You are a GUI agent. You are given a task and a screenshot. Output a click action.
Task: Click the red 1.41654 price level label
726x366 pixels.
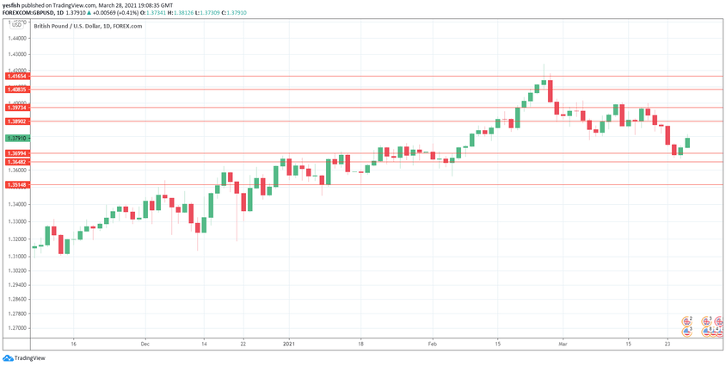[x=17, y=77]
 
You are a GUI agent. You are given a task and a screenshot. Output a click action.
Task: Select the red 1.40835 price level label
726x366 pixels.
[x=17, y=90]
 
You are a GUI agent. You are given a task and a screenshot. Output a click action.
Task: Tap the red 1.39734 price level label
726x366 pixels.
[x=17, y=108]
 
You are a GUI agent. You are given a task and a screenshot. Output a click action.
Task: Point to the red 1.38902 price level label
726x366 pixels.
[x=17, y=121]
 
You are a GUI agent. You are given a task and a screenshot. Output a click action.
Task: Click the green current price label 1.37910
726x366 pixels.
[x=17, y=138]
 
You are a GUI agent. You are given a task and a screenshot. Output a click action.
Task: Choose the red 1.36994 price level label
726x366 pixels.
[x=17, y=153]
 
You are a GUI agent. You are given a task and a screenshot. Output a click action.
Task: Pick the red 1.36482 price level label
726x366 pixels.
[x=17, y=162]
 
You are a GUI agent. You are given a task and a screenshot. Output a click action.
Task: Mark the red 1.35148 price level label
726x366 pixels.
[x=17, y=185]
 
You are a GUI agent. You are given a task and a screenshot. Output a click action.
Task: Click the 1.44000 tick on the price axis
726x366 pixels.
[x=17, y=39]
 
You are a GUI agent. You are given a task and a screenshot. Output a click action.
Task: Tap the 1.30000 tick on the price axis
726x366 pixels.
[x=17, y=268]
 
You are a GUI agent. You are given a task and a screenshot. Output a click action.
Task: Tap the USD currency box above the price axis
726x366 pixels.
[x=16, y=25]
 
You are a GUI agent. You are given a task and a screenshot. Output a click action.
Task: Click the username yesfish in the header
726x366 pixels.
[x=12, y=4]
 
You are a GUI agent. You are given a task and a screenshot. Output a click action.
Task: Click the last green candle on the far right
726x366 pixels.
[x=688, y=142]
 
